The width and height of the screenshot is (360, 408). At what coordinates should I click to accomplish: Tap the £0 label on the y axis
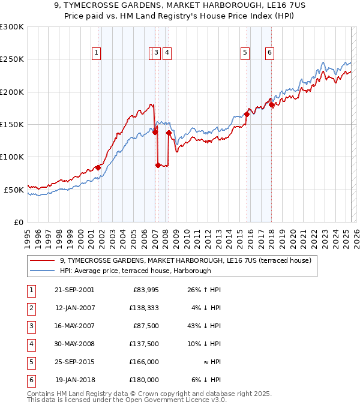click(x=19, y=222)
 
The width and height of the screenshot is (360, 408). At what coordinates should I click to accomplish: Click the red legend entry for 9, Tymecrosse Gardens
click(x=185, y=261)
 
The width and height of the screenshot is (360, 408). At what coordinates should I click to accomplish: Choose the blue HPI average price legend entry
click(x=135, y=271)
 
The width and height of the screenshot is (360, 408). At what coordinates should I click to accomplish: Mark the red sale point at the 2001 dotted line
click(x=98, y=167)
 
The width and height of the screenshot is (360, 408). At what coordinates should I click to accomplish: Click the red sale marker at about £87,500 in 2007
click(x=158, y=165)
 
